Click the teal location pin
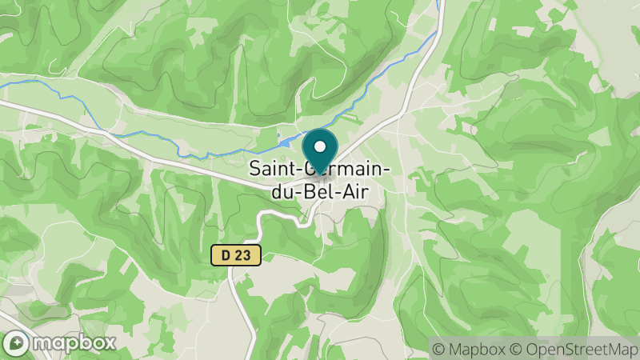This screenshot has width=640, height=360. [320, 149]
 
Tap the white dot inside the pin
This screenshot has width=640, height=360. [320, 146]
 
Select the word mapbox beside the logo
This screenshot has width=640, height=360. [74, 342]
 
